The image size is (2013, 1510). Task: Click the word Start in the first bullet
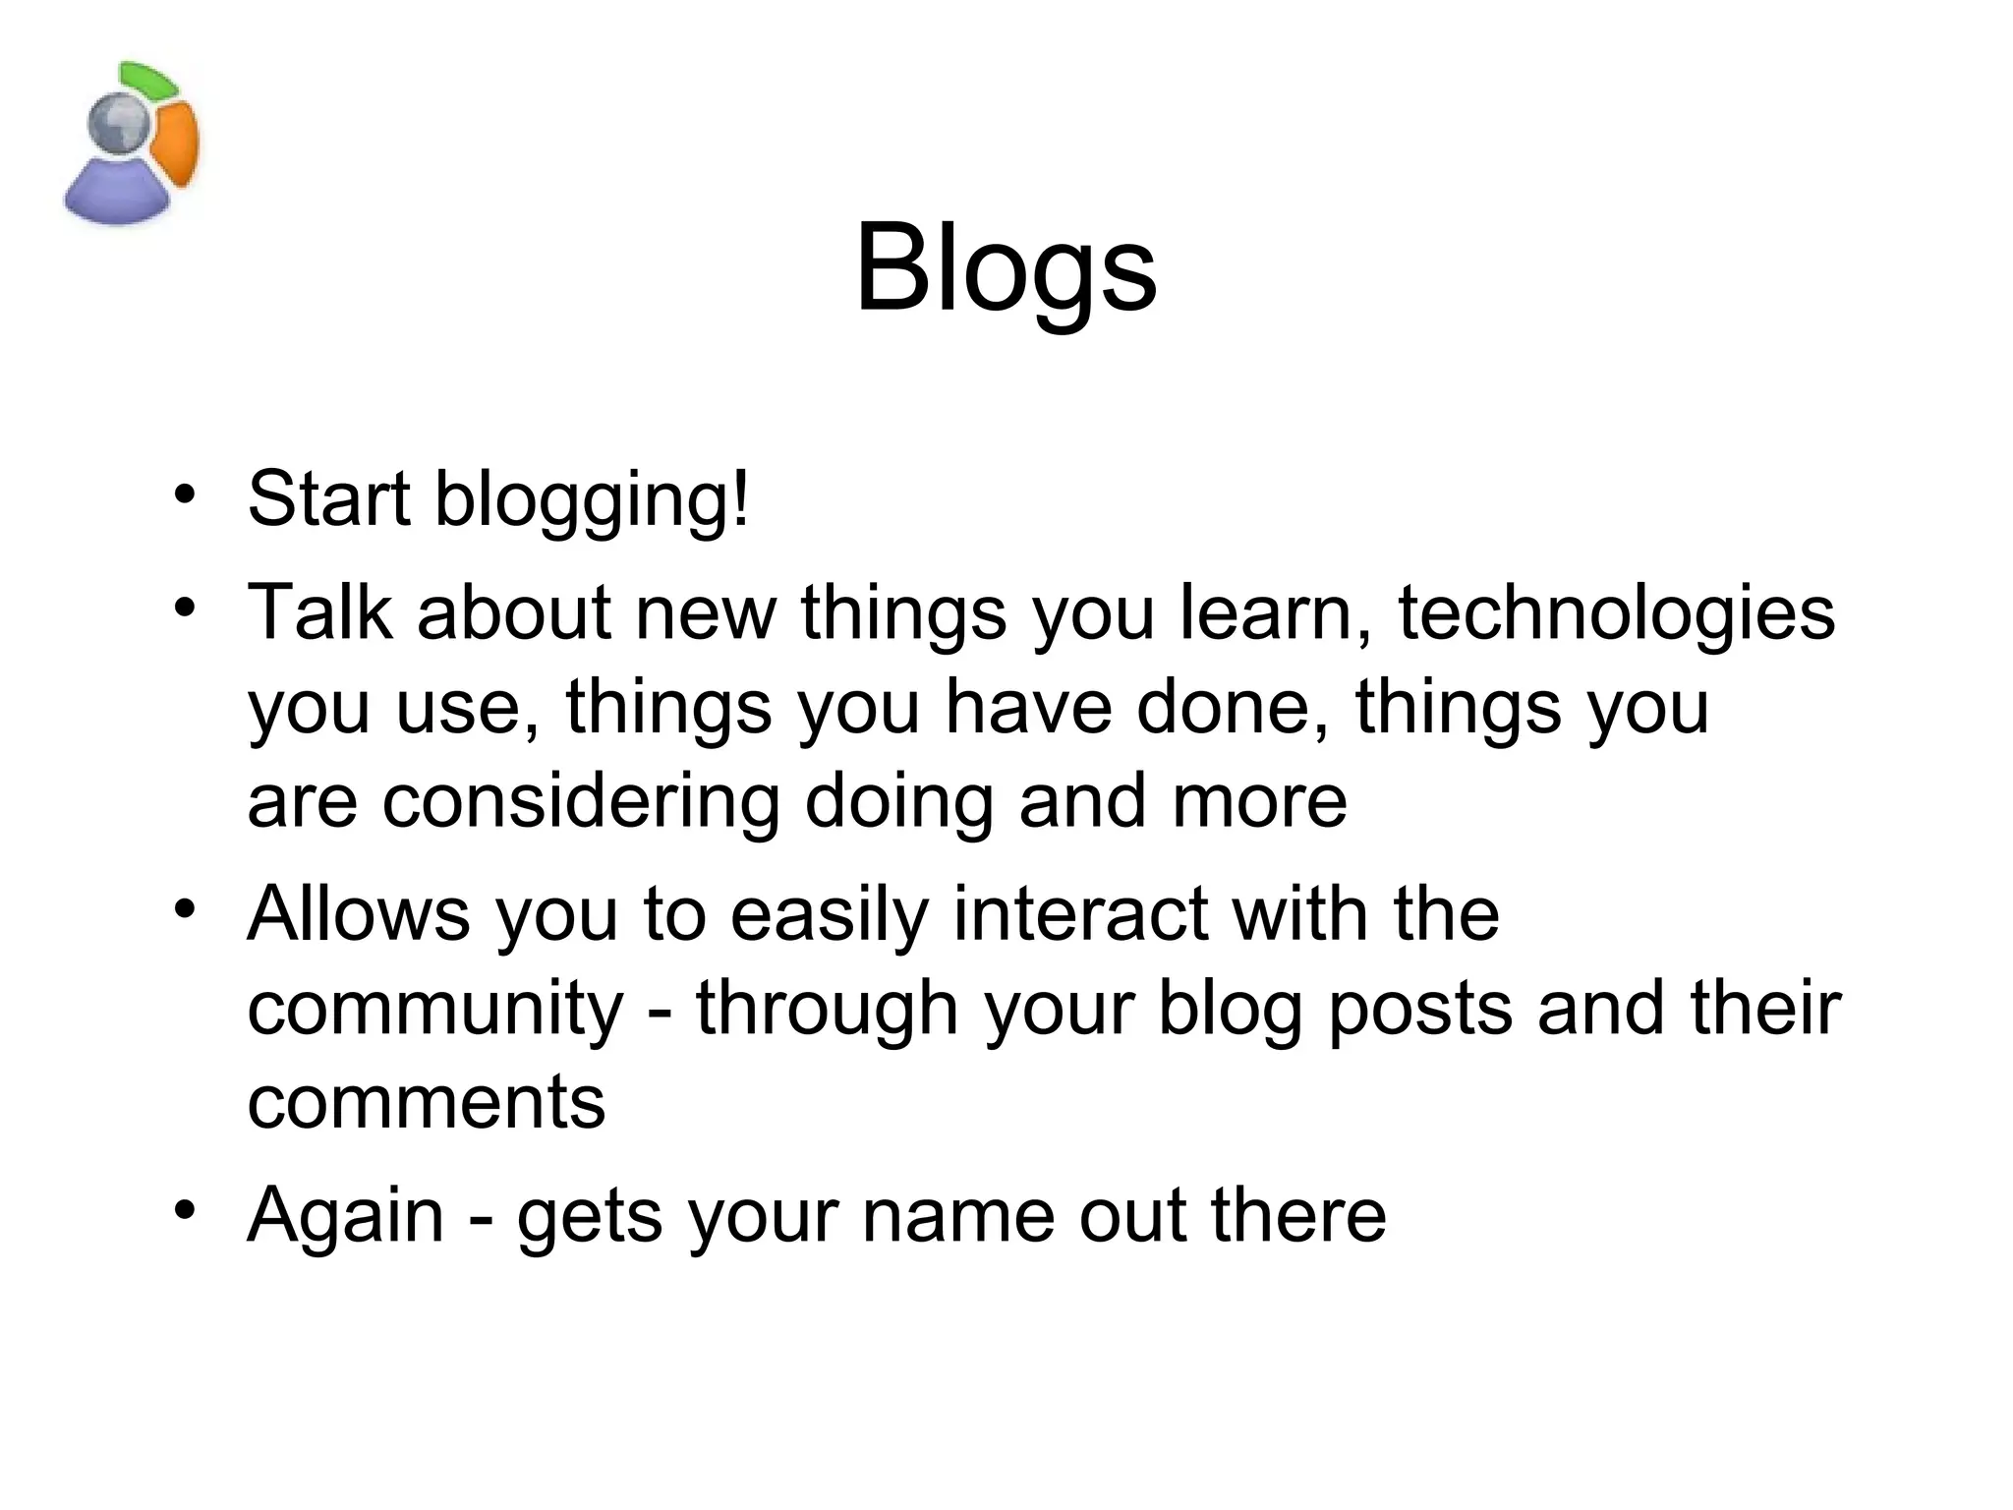pos(328,499)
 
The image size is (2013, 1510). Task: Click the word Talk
pos(319,612)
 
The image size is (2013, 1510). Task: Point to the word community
pos(435,1010)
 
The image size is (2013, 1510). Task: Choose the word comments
pos(426,1103)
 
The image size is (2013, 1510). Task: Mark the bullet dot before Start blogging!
pos(184,494)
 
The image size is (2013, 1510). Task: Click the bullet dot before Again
pos(184,1210)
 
